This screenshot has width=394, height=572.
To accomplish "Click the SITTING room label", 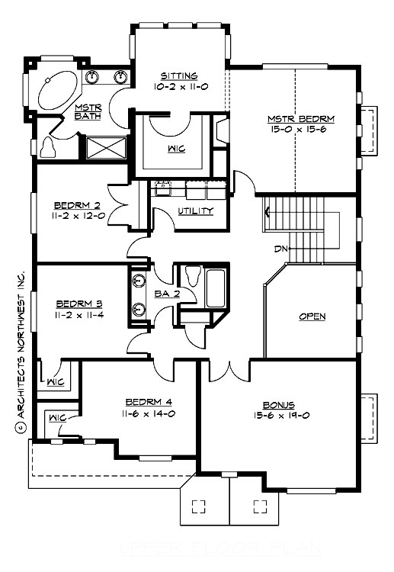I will (179, 76).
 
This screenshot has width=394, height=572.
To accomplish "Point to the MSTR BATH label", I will (82, 111).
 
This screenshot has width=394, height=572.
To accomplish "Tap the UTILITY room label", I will (196, 210).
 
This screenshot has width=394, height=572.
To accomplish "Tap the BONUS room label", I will (279, 404).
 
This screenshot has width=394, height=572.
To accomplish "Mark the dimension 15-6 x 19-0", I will (279, 415).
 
